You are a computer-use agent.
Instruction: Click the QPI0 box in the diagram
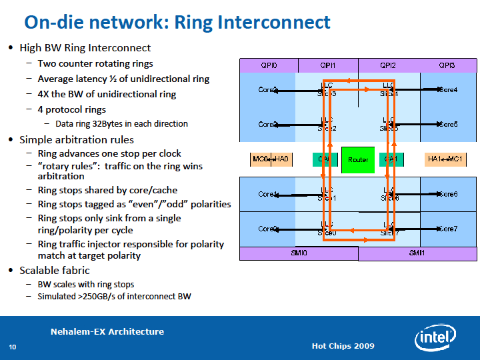pyautogui.click(x=269, y=65)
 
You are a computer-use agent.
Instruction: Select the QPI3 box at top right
pyautogui.click(x=447, y=65)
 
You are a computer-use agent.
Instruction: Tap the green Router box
pyautogui.click(x=358, y=160)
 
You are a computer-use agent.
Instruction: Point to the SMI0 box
pyautogui.click(x=299, y=253)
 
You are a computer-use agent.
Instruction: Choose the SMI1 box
pyautogui.click(x=417, y=253)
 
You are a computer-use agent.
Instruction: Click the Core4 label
pyautogui.click(x=447, y=89)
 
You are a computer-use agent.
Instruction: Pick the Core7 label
pyautogui.click(x=447, y=229)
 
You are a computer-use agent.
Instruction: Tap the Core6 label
pyautogui.click(x=447, y=194)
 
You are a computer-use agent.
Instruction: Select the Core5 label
pyautogui.click(x=447, y=124)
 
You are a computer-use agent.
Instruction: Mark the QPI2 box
pyautogui.click(x=388, y=65)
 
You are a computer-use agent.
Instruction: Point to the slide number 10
pyautogui.click(x=12, y=347)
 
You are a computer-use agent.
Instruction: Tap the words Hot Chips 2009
pyautogui.click(x=343, y=346)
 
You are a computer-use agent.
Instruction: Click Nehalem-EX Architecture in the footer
pyautogui.click(x=107, y=332)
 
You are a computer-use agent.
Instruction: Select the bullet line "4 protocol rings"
pyautogui.click(x=72, y=109)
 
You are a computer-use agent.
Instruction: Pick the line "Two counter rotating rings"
pyautogui.click(x=95, y=63)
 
